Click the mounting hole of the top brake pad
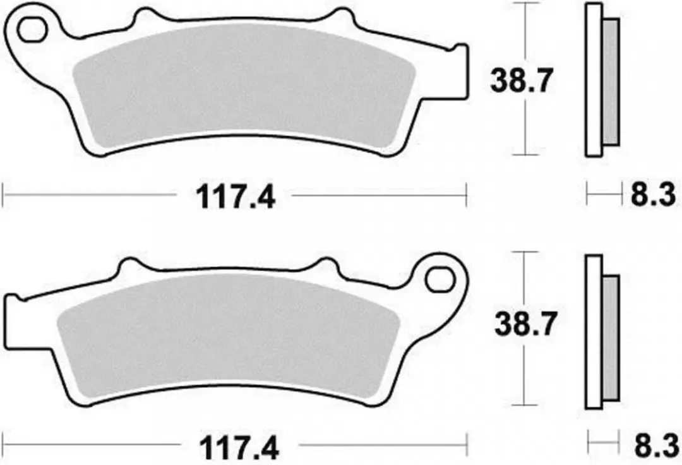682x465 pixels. click(x=32, y=30)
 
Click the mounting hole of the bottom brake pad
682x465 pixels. click(x=440, y=280)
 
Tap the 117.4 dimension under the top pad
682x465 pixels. click(x=236, y=197)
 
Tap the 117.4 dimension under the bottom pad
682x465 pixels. click(x=239, y=448)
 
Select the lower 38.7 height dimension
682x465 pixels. click(x=525, y=325)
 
